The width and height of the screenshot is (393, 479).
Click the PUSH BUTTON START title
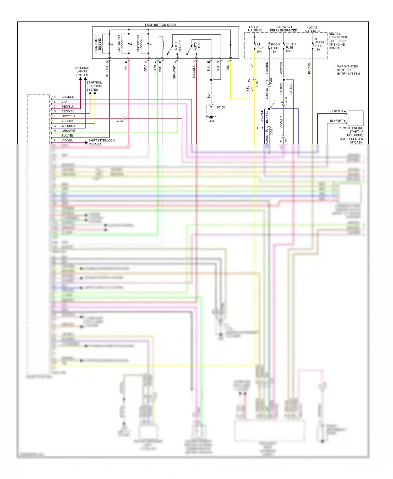coord(161,25)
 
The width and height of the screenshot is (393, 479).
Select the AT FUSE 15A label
coord(260,48)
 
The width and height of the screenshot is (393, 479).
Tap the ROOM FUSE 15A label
coord(275,48)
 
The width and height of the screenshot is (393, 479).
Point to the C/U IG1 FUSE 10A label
coord(290,47)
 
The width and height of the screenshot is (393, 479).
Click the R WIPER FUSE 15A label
coord(319,44)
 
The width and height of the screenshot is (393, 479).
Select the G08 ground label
coord(211,121)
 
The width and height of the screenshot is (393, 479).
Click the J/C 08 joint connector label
coord(220,107)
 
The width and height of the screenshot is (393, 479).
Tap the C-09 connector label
coord(120,121)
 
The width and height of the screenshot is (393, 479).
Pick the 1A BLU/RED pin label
coord(63,97)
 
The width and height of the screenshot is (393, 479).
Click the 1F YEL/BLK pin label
coord(63,121)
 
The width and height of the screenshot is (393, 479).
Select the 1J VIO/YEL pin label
coord(63,140)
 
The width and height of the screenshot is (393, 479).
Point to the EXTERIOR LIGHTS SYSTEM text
coord(82,71)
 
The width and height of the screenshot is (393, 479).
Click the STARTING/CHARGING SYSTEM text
coord(94,86)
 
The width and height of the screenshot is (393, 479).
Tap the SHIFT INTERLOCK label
coord(102,140)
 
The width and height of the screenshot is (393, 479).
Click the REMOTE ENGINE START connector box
coord(355,118)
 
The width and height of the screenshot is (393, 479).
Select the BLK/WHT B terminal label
coord(338,121)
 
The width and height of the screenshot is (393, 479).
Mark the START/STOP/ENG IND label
coord(97,44)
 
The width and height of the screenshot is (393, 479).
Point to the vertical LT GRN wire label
coord(155,70)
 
